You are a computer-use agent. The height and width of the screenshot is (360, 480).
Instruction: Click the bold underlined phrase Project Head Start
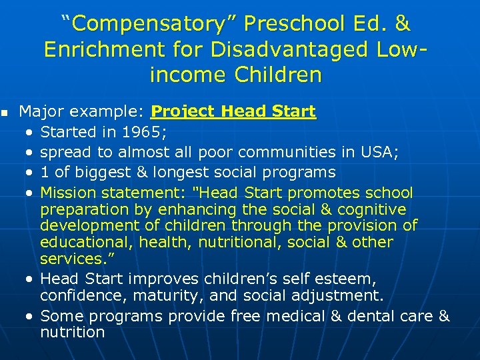click(233, 111)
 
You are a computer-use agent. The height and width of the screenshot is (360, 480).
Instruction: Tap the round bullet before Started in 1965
click(31, 132)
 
